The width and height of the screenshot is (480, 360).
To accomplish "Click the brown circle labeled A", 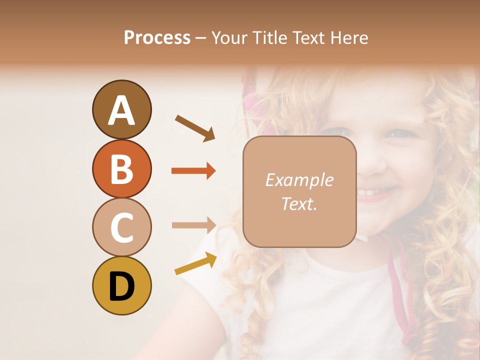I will [x=121, y=109].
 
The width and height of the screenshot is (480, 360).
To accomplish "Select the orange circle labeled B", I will [x=121, y=168].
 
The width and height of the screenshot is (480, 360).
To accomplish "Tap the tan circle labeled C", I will [x=121, y=227].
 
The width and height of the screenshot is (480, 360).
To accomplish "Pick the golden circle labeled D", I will [x=121, y=286].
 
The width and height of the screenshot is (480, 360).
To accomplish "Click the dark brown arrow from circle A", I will [x=195, y=128].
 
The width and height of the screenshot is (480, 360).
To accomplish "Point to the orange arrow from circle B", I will [x=193, y=171].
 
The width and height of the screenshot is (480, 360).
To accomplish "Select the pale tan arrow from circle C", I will [x=193, y=225].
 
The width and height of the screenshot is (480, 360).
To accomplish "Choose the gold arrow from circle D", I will [x=195, y=263].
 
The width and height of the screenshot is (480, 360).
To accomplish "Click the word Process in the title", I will [x=157, y=37].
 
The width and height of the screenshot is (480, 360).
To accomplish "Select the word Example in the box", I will [x=299, y=180].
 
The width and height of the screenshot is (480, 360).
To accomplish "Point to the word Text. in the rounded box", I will [x=299, y=203].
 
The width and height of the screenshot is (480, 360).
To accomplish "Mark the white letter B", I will [x=121, y=168].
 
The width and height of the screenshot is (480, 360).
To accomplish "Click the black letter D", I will [x=121, y=286].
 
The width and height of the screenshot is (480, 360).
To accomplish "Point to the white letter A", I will [x=121, y=110].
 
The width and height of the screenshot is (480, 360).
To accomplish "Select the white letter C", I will [x=121, y=227].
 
